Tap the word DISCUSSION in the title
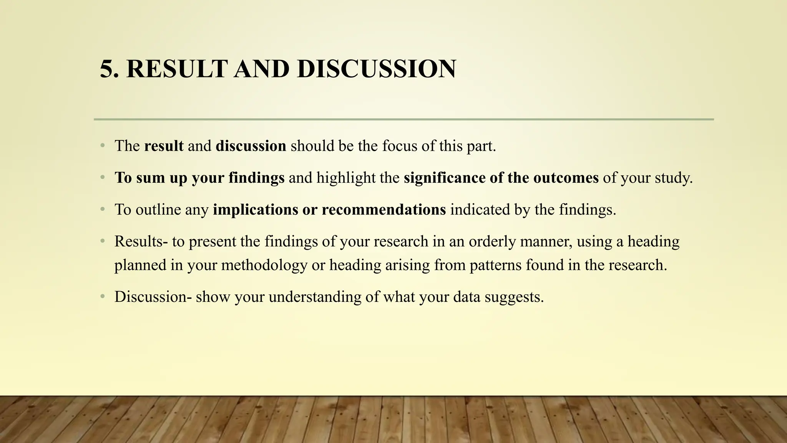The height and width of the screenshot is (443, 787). click(376, 69)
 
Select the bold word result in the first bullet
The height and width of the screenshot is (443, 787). click(164, 146)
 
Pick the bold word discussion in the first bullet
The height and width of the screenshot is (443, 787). click(251, 146)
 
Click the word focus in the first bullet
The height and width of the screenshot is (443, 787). click(399, 146)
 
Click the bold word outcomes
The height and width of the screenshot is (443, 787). click(566, 178)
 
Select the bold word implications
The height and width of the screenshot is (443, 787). click(256, 210)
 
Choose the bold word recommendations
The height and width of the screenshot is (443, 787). click(384, 210)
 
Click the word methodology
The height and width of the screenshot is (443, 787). click(264, 265)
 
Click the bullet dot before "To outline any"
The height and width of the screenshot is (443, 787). click(102, 210)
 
